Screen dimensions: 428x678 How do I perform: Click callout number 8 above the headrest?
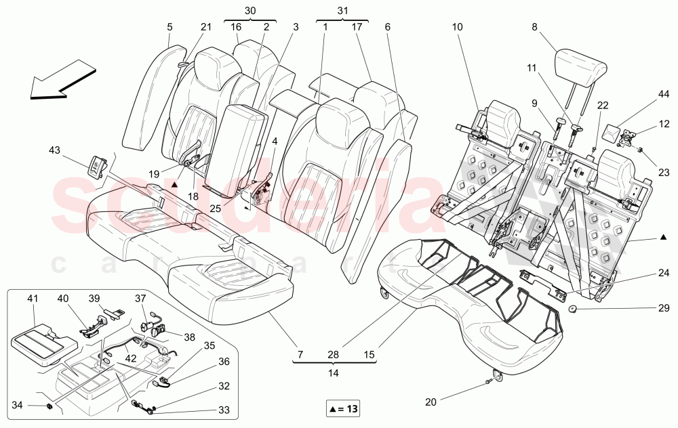click(x=534, y=27)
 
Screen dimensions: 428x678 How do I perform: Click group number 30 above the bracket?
click(x=250, y=11)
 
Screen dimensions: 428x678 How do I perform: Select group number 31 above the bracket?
click(x=342, y=11)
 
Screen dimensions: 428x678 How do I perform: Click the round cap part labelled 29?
click(x=573, y=310)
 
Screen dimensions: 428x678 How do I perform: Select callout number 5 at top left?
click(x=169, y=27)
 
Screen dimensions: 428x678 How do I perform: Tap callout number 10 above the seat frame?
click(x=457, y=27)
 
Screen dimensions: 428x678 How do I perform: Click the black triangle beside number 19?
click(x=175, y=184)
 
